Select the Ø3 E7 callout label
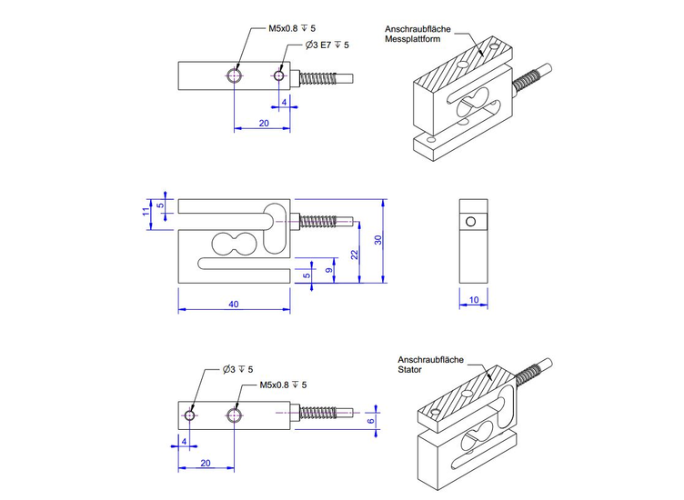point(327,44)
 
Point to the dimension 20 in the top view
point(264,122)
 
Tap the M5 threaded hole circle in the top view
point(236,75)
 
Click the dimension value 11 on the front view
point(145,211)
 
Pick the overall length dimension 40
point(234,305)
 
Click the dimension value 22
point(357,255)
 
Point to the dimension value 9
point(331,270)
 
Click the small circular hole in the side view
point(470,222)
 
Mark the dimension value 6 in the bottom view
point(370,420)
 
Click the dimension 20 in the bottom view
point(206,463)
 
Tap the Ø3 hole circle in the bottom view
point(189,415)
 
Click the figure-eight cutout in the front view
point(235,243)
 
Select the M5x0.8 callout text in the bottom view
point(283,385)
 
